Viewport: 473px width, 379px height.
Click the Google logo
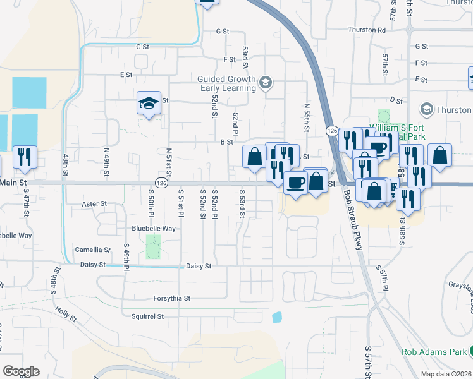tap(21, 371)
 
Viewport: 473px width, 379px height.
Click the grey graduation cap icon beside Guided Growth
tap(266, 81)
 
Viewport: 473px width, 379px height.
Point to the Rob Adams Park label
tap(434, 351)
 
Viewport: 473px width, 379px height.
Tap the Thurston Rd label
tap(366, 30)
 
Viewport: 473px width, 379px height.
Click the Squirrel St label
tap(147, 316)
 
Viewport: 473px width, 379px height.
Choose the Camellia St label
tap(92, 250)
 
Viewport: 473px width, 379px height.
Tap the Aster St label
tap(94, 204)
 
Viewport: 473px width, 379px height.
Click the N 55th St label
tap(307, 118)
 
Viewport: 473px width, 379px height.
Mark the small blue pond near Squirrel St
tap(276, 317)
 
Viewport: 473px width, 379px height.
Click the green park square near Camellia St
tap(152, 246)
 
